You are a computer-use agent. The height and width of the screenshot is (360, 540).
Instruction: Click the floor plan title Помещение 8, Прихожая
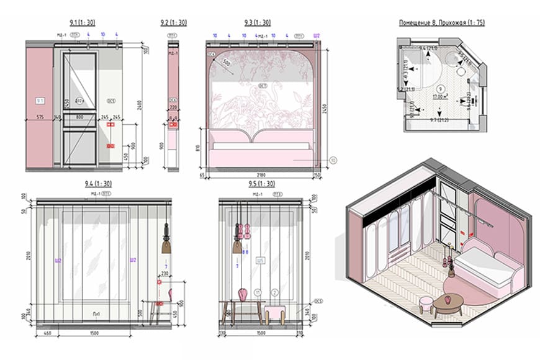(441, 23)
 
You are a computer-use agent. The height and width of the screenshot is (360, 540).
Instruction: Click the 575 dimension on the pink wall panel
(39, 117)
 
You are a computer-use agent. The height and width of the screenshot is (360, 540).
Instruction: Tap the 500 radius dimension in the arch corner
(227, 64)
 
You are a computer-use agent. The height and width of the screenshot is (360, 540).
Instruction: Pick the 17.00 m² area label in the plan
(441, 96)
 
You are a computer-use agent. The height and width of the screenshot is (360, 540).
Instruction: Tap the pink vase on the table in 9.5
(243, 292)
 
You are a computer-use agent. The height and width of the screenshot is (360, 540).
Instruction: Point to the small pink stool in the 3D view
(426, 304)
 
